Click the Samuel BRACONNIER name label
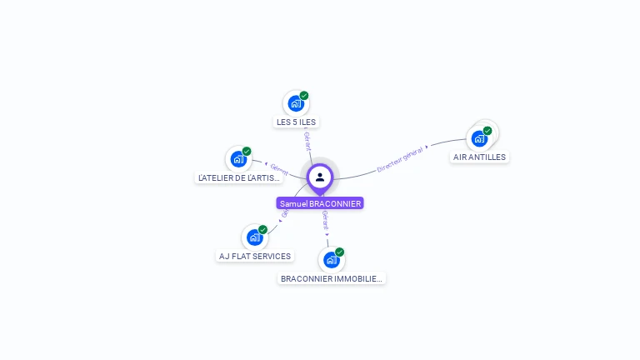point(320,203)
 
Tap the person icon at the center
point(320,177)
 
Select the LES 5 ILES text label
point(296,122)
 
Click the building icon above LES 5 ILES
point(295,103)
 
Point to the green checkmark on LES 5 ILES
point(304,96)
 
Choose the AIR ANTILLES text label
point(479,157)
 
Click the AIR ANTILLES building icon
point(479,138)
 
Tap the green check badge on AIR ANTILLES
point(487,131)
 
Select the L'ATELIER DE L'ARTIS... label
point(240,177)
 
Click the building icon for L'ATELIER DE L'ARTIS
point(238,159)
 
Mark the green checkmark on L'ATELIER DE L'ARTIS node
point(247,152)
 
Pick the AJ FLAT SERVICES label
point(255,256)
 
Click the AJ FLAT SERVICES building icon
point(254,237)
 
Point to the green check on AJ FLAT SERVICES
point(262,230)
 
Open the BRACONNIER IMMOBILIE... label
point(332,279)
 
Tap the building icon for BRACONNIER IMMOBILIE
point(331,259)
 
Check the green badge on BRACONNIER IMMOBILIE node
point(339,252)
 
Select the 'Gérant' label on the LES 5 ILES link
point(307,141)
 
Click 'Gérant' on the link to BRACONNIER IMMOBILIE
point(325,220)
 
